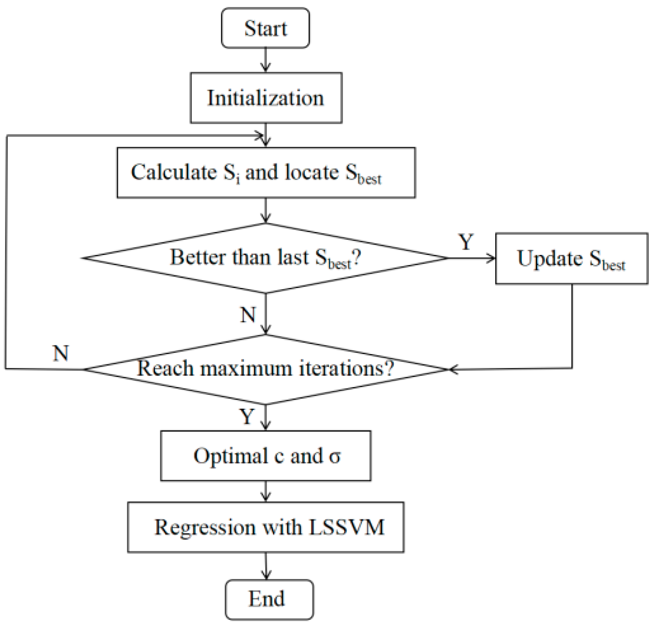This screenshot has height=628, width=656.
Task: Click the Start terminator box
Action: pyautogui.click(x=265, y=28)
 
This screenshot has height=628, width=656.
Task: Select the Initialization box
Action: pyautogui.click(x=266, y=98)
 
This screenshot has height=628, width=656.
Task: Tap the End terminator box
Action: pyautogui.click(x=269, y=599)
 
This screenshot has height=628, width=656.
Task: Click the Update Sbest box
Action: pyautogui.click(x=571, y=259)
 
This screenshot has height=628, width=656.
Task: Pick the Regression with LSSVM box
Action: pyautogui.click(x=266, y=527)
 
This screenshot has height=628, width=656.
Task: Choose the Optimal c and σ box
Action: pyautogui.click(x=266, y=456)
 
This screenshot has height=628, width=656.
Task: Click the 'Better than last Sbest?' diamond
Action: pyautogui.click(x=265, y=258)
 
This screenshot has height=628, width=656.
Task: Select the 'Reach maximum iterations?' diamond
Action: pyautogui.click(x=265, y=369)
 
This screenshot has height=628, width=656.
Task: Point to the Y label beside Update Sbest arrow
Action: pyautogui.click(x=466, y=242)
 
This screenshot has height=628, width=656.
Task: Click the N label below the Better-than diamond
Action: pyautogui.click(x=248, y=315)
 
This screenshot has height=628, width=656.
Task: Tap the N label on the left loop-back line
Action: pyautogui.click(x=61, y=353)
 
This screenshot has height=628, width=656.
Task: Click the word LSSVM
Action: pyautogui.click(x=346, y=527)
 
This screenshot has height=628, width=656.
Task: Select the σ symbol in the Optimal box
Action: pyautogui.click(x=334, y=456)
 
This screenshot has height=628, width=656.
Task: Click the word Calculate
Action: pyautogui.click(x=174, y=172)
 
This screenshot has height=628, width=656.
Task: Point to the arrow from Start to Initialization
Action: pyautogui.click(x=266, y=60)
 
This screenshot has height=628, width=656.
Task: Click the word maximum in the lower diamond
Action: pyautogui.click(x=247, y=369)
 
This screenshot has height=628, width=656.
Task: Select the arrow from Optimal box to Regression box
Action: pyautogui.click(x=266, y=491)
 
